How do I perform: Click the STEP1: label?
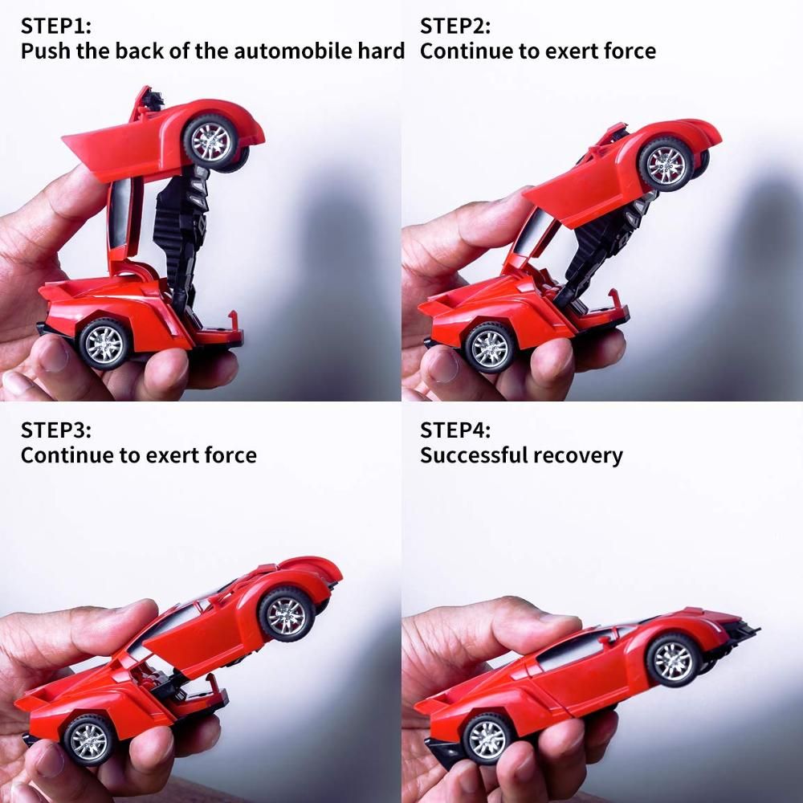pos(56,26)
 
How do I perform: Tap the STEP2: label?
pos(454,26)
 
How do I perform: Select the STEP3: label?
pos(56,430)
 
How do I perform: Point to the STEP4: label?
pos(454,430)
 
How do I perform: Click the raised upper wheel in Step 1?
pos(210,141)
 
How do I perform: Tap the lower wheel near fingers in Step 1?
pos(104,344)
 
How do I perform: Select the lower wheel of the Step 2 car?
pos(488,347)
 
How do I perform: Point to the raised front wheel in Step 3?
pos(287,614)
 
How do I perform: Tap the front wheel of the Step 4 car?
pos(673,660)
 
